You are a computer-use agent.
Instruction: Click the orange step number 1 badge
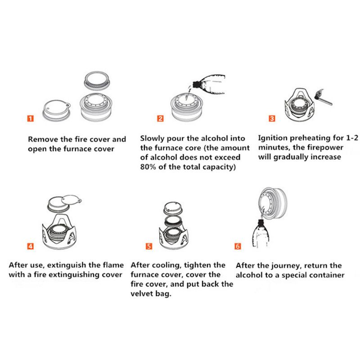30,118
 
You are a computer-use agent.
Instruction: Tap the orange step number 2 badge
160,118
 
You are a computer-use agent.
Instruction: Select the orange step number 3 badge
272,118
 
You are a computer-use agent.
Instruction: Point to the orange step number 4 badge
30,246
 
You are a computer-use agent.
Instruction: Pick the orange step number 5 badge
149,246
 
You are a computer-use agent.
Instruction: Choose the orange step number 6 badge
238,246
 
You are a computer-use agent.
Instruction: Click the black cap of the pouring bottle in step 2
196,84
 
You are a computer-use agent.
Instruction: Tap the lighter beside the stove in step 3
324,97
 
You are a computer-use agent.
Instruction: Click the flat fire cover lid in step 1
57,110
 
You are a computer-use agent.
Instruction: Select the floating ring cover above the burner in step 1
96,81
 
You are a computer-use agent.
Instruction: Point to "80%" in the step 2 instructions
148,166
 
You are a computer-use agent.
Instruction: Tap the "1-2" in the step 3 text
352,138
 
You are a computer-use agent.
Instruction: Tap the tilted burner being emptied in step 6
273,203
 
